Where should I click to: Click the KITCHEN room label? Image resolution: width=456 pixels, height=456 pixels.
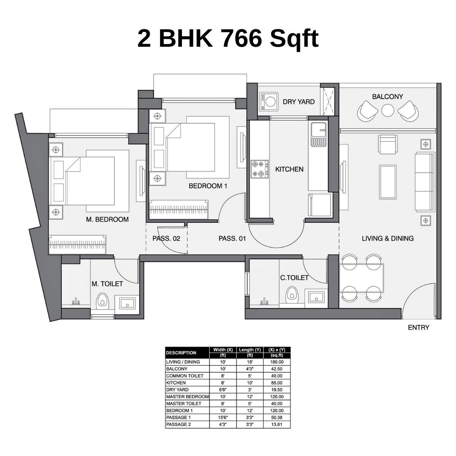pyautogui.click(x=289, y=169)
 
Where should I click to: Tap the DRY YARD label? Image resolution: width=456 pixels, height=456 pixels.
pyautogui.click(x=299, y=101)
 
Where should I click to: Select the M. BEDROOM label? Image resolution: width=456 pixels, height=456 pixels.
pyautogui.click(x=107, y=219)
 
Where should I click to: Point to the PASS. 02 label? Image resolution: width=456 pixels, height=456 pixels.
pyautogui.click(x=166, y=239)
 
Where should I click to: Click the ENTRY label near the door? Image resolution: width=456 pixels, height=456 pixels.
pyautogui.click(x=418, y=327)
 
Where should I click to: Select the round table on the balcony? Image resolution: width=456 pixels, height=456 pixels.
pyautogui.click(x=388, y=111)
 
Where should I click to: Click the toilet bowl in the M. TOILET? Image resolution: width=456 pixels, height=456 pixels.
pyautogui.click(x=102, y=301)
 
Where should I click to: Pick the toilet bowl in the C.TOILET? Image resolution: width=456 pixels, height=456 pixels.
pyautogui.click(x=291, y=294)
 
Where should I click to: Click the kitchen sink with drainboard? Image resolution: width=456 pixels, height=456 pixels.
pyautogui.click(x=318, y=135)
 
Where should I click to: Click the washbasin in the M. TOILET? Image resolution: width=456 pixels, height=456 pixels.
pyautogui.click(x=127, y=303)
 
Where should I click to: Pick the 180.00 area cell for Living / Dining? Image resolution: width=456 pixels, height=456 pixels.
pyautogui.click(x=276, y=362)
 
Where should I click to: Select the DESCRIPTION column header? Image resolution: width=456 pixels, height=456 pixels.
pyautogui.click(x=181, y=353)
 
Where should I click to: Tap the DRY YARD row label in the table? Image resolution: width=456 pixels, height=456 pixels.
pyautogui.click(x=177, y=389)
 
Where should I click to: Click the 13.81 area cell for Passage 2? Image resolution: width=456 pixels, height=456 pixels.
pyautogui.click(x=276, y=424)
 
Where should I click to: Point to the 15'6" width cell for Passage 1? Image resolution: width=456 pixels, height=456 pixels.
pyautogui.click(x=223, y=417)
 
